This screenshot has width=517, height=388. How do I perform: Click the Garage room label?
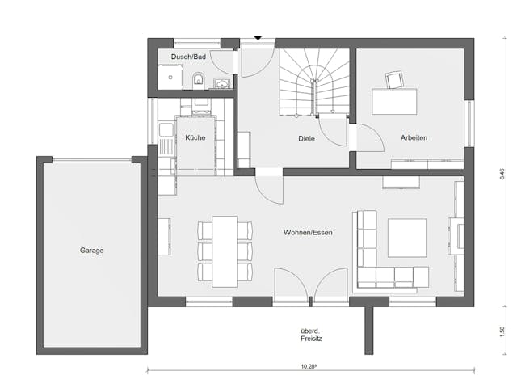click(x=91, y=251)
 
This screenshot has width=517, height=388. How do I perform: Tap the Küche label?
click(x=195, y=138)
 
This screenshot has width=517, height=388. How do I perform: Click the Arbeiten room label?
click(x=414, y=138)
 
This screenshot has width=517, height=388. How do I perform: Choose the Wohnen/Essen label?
click(x=308, y=233)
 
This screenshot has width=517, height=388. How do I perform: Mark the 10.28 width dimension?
click(x=309, y=367)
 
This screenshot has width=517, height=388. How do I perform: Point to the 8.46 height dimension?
click(x=502, y=173)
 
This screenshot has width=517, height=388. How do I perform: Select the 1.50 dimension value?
click(x=502, y=331)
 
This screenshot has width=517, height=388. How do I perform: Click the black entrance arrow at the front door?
click(x=258, y=37)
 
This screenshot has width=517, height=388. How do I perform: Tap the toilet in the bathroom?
click(x=198, y=79)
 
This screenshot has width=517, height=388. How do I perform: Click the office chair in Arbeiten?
click(x=394, y=79)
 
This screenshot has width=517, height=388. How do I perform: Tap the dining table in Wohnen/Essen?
click(x=225, y=251)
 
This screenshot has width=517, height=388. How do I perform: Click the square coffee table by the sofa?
click(x=406, y=238)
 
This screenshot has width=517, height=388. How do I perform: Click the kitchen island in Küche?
click(x=195, y=145)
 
